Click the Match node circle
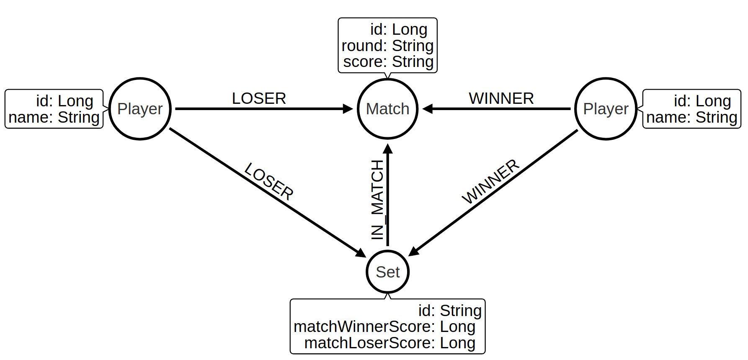pyautogui.click(x=387, y=109)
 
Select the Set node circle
pyautogui.click(x=387, y=272)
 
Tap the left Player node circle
pyautogui.click(x=140, y=109)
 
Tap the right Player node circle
pyautogui.click(x=606, y=109)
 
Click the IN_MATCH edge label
pyautogui.click(x=377, y=200)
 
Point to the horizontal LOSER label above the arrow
pyautogui.click(x=259, y=99)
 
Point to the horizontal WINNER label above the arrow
pyautogui.click(x=501, y=99)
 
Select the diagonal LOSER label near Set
pyautogui.click(x=269, y=181)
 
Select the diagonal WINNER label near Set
pyautogui.click(x=490, y=181)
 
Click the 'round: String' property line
pyautogui.click(x=387, y=46)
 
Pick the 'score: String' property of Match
pyautogui.click(x=388, y=62)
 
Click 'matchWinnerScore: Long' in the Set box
pyautogui.click(x=384, y=327)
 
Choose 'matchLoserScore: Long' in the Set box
pyautogui.click(x=389, y=343)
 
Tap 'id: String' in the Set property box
pyautogui.click(x=449, y=311)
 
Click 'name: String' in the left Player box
pyautogui.click(x=54, y=117)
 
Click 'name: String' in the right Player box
pyautogui.click(x=691, y=117)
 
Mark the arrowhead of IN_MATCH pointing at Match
pyautogui.click(x=388, y=148)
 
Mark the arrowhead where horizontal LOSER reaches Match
pyautogui.click(x=348, y=109)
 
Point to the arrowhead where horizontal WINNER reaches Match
pyautogui.click(x=427, y=109)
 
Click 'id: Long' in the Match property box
pyautogui.click(x=398, y=30)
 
